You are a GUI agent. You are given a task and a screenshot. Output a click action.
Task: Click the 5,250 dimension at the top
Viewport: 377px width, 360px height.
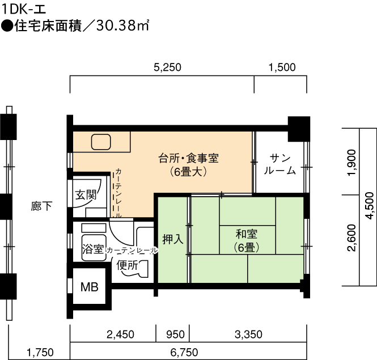coord(167,67)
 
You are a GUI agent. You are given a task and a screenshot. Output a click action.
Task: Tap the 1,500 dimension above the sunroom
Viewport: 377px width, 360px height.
coord(282,67)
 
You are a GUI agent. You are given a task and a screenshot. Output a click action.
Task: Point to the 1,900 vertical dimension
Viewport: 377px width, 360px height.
coord(351,163)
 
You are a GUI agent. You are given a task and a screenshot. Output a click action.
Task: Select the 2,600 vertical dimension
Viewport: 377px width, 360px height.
coord(351,238)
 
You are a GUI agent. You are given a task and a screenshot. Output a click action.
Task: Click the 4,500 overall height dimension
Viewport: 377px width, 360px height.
coord(370,206)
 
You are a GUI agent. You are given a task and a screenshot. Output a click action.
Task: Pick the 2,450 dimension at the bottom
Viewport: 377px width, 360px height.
coord(120,334)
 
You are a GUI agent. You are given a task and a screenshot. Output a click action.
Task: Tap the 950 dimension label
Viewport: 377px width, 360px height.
coord(176,334)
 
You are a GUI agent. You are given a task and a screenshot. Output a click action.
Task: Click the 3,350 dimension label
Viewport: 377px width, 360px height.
coord(248,334)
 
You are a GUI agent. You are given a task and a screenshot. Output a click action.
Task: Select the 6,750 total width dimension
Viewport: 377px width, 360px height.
coord(184,353)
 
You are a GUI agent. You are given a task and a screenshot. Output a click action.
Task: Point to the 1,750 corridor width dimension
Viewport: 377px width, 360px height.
coord(40,353)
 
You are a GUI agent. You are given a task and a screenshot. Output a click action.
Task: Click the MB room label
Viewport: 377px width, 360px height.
coord(90,287)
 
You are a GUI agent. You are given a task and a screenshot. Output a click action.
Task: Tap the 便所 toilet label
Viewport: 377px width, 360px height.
coord(127,265)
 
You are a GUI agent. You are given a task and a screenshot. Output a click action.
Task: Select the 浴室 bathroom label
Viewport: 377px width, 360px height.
coord(93,249)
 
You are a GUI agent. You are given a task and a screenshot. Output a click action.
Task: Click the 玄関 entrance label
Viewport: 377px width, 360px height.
coord(86,195)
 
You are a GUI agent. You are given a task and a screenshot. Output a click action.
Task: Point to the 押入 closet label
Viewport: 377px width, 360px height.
coord(173,239)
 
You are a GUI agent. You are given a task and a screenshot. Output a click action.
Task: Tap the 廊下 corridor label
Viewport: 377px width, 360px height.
coord(41,206)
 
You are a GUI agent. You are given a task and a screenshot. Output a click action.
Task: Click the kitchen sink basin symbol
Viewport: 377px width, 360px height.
coord(101,142)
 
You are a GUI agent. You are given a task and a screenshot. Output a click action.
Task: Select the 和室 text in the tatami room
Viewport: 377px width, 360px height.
coord(247,234)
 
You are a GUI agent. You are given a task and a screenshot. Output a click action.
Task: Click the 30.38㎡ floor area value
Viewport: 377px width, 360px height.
coord(122,26)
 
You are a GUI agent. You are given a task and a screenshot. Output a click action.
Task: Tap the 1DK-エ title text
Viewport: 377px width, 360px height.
coord(24,10)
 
